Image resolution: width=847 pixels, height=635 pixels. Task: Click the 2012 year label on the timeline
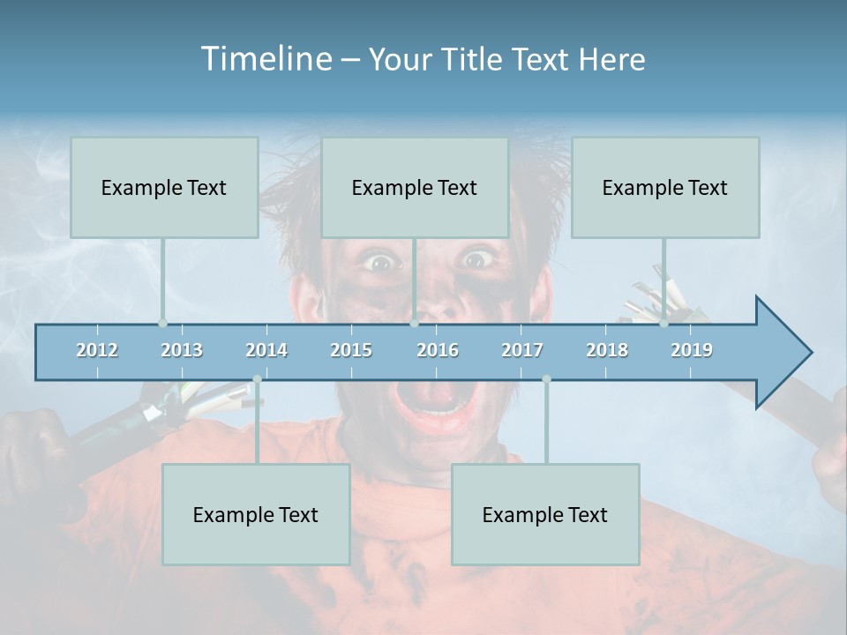coord(97,350)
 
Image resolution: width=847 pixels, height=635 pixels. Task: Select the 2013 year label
coord(182,350)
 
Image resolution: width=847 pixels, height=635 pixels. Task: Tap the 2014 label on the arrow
coord(266,350)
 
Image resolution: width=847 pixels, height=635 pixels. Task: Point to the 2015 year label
coord(351,350)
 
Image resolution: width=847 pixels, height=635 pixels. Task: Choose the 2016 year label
coord(438,350)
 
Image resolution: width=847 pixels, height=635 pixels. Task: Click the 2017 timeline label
coord(522,350)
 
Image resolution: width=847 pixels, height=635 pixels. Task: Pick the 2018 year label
coord(607,350)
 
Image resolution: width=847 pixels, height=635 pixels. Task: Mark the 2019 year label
coord(692,350)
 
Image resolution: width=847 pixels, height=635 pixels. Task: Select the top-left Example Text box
coord(164,187)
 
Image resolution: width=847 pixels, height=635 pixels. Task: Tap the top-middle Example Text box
coord(415,187)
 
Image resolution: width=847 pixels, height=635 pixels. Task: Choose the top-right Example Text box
coord(665,187)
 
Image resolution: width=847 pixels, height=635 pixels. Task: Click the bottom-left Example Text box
coord(256,514)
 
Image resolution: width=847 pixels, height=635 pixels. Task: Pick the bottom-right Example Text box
coord(545,514)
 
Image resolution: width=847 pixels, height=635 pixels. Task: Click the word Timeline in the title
coord(265,58)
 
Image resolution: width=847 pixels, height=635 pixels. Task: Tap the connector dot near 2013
coord(162,323)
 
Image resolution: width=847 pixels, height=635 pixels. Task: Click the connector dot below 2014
coord(257,379)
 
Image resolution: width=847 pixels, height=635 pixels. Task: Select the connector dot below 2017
coord(546,379)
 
